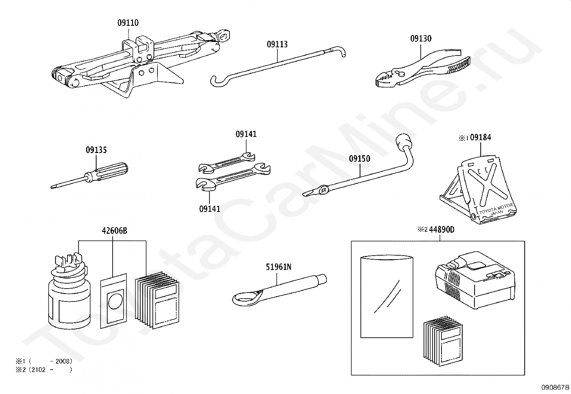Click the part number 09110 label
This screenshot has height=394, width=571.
point(128,23)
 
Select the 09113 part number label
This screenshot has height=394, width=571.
point(277,44)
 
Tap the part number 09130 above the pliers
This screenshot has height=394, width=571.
point(421,38)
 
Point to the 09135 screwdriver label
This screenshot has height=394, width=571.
point(96,150)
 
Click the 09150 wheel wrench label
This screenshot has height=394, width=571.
point(359,158)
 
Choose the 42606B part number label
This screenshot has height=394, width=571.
point(114,231)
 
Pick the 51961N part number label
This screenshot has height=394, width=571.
point(278,267)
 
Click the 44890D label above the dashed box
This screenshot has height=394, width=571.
point(442,229)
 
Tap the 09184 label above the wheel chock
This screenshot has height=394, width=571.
point(481,137)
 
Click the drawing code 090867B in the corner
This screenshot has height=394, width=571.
point(555,388)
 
